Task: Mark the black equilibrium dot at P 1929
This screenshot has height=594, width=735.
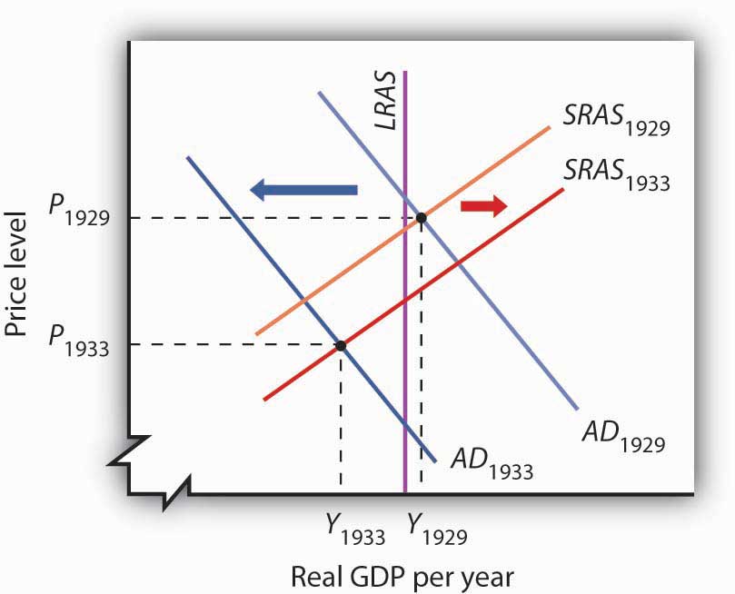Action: tap(421, 218)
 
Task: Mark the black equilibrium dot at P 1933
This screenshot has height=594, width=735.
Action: tap(341, 345)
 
